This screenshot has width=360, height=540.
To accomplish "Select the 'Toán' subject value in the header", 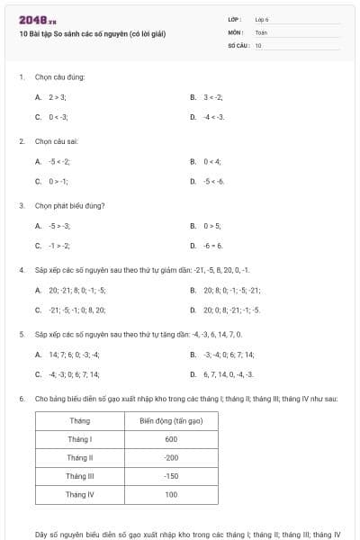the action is click(261, 31).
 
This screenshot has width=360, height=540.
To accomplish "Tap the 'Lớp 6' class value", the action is click(262, 19).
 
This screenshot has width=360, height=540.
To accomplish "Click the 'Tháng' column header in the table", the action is click(79, 420).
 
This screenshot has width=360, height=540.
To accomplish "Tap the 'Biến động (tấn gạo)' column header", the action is click(171, 420).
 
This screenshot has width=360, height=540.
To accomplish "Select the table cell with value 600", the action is click(171, 439).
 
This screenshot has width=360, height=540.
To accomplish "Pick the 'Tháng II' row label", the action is click(79, 458).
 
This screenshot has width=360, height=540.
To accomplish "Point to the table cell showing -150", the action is click(171, 476).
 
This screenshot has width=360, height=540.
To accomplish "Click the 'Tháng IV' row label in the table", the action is click(79, 495).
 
